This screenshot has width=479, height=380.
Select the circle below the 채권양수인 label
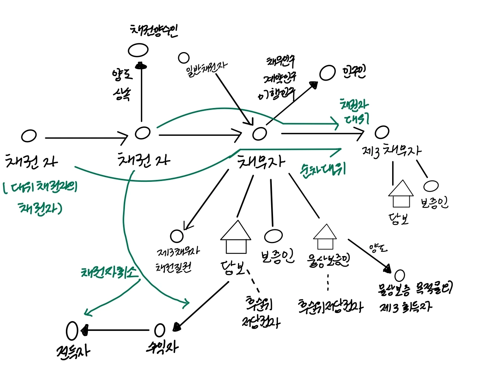[x=138, y=50]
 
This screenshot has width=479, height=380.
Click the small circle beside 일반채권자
[x=184, y=58]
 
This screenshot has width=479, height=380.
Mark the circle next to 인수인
[x=327, y=73]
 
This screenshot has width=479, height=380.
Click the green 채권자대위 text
[x=354, y=111]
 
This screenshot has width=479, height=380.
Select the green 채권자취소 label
[x=109, y=272]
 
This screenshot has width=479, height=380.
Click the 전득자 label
[x=73, y=351]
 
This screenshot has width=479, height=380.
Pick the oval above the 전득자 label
[x=72, y=331]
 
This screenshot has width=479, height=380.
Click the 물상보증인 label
[x=328, y=260]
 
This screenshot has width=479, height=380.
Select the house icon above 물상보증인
[x=325, y=236]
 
